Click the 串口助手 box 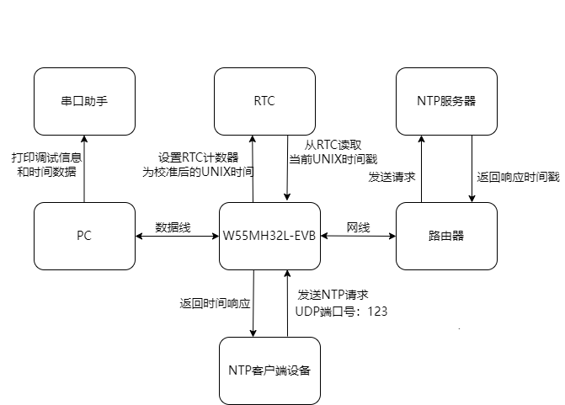84,101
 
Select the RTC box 264,101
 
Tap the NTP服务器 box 446,101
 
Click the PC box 84,236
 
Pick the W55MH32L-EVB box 269,236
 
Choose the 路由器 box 446,236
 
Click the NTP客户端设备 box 269,370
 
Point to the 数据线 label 172,227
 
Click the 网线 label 358,227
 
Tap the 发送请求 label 392,177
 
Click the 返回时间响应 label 216,303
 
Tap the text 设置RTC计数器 199,157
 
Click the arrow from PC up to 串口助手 84,168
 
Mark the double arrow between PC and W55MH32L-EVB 178,237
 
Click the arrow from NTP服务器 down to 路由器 472,168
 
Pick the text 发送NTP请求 333,296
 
